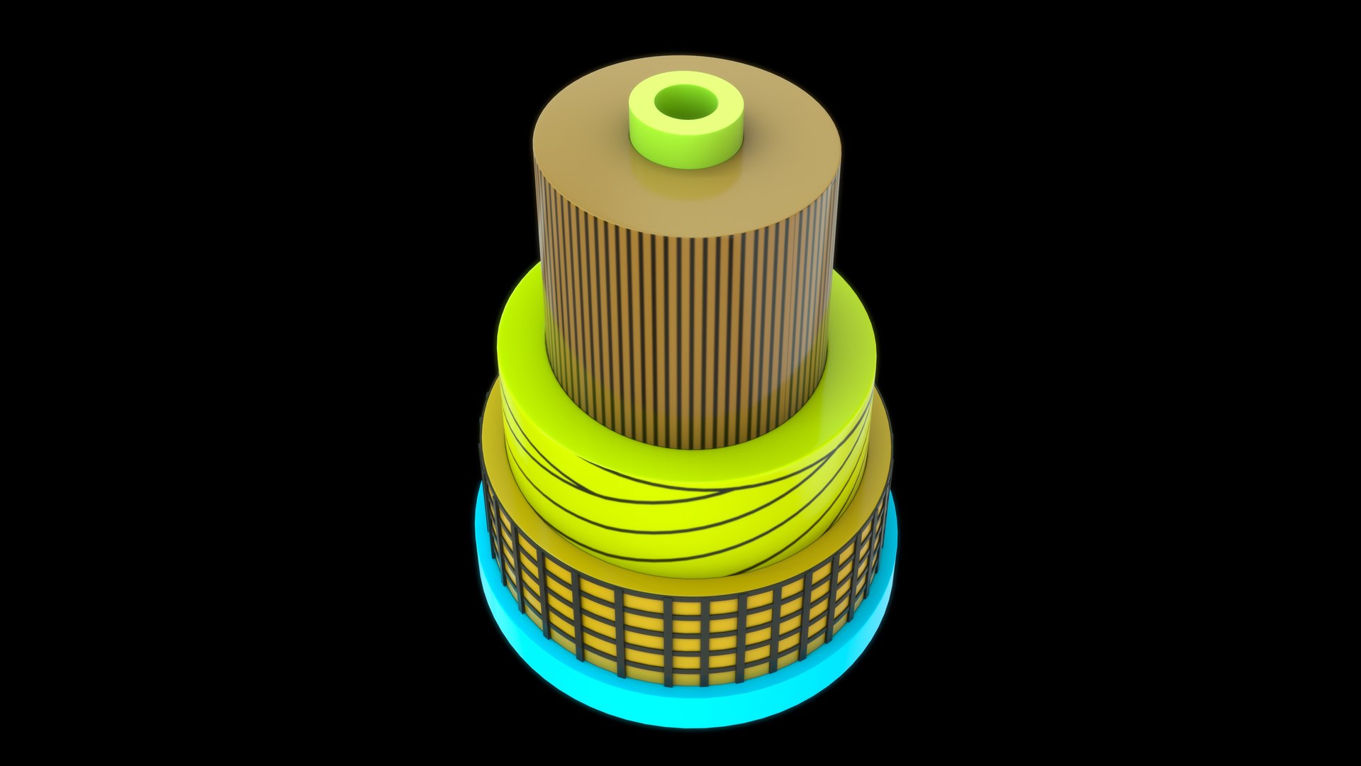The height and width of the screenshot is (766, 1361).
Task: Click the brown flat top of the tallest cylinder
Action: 603,142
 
